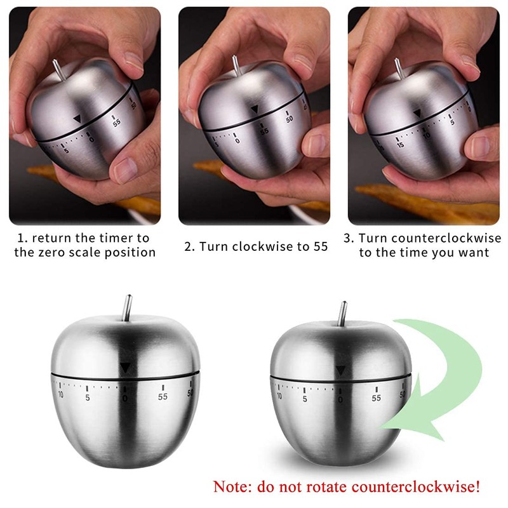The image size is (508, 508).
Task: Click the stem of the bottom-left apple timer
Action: [x=128, y=308]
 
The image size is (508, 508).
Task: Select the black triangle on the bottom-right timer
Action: [x=341, y=370]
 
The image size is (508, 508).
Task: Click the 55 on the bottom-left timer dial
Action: [x=163, y=397]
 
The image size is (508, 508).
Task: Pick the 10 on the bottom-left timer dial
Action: [x=61, y=395]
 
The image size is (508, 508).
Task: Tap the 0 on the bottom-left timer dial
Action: [x=125, y=398]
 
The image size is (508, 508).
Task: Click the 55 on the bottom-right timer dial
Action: [x=377, y=398]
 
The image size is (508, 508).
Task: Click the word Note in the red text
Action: [x=229, y=488]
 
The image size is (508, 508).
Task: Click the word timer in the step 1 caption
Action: [x=112, y=239]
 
